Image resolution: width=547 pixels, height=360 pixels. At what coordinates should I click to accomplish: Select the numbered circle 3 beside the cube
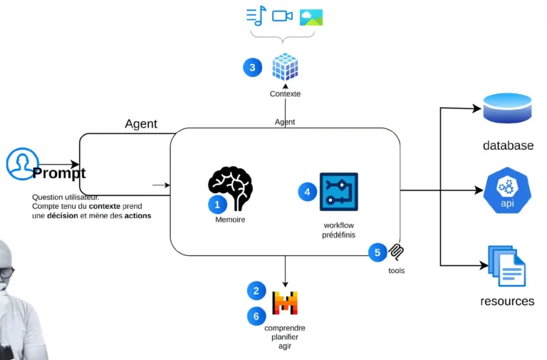tap(252, 68)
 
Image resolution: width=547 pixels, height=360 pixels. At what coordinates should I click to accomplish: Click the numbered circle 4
tap(307, 192)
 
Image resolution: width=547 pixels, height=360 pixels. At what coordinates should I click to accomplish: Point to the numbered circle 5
tap(377, 252)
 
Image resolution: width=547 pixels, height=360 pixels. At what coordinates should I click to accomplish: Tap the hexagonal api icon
tap(507, 190)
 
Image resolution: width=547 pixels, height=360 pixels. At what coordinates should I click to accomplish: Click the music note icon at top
tap(255, 16)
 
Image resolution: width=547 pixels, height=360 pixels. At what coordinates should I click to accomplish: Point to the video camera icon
tap(283, 16)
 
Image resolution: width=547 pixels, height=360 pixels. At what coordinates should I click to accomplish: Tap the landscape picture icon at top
tap(311, 16)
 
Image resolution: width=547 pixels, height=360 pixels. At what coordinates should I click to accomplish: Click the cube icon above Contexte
tap(285, 67)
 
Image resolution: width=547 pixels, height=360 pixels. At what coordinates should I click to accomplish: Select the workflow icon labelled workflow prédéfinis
tap(338, 192)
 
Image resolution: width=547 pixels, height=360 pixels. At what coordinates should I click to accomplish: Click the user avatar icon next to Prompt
tap(21, 164)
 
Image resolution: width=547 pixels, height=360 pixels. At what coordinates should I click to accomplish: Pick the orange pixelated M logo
tap(285, 303)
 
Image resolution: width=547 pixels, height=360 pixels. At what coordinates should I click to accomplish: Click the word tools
tap(397, 270)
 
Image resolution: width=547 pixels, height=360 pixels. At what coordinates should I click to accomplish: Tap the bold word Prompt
tap(59, 173)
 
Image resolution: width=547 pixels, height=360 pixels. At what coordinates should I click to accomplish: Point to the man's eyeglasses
tap(6, 272)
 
